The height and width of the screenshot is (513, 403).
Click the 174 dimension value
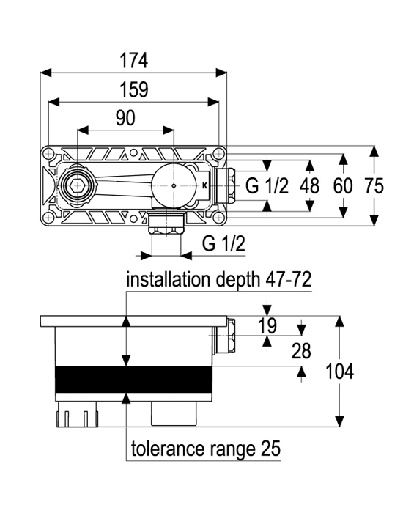coord(134,61)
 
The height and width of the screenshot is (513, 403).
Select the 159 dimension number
coord(134,89)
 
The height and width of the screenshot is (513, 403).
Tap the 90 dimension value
coord(125,118)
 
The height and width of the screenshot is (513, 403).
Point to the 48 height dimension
coord(309,186)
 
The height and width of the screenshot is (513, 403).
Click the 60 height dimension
coord(343,186)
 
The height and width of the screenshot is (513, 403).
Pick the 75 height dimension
coord(374,186)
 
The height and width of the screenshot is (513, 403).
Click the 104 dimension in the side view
coord(339,372)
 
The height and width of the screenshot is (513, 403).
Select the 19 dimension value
coord(267,325)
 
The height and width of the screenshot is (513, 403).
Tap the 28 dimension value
coord(301,351)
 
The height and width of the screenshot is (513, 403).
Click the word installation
coord(168,280)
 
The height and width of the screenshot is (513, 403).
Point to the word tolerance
coord(169,449)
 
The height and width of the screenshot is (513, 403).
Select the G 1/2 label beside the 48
coord(267,186)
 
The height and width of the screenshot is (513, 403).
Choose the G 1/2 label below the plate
coord(223,243)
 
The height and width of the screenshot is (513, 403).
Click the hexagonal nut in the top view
coord(78,186)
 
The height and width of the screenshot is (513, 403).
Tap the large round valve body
coord(174,186)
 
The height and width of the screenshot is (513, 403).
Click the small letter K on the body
coord(204,186)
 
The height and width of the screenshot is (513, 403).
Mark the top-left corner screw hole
coord(49,153)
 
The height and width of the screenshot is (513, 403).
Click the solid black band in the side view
coord(134,379)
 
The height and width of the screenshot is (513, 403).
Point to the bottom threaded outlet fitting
coord(166,223)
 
